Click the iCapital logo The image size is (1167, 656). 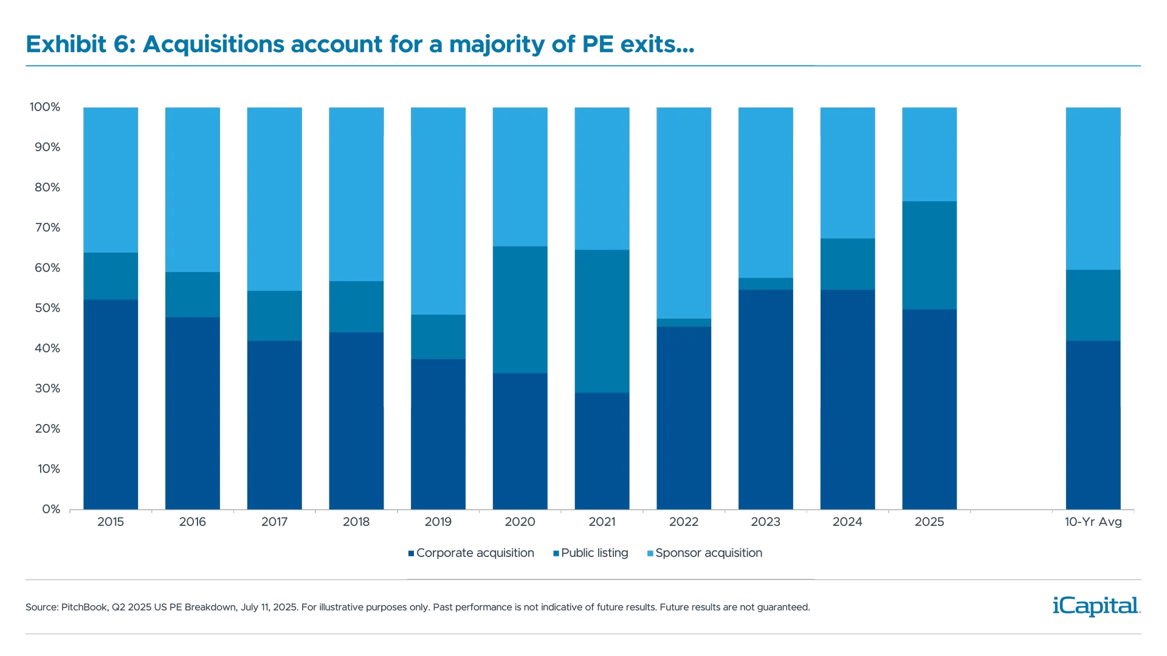coord(1094,606)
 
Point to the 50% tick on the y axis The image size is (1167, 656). coord(47,308)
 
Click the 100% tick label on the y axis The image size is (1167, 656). coord(46,107)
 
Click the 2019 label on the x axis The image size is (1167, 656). coord(438,522)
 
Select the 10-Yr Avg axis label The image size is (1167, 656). coord(1093,522)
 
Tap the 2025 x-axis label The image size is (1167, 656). coord(929,522)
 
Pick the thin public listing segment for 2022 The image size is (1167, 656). coord(684,323)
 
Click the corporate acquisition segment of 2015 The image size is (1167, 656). coord(111,404)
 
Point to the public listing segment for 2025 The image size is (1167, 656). coord(929,255)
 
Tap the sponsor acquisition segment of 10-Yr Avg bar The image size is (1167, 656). coord(1093,188)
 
